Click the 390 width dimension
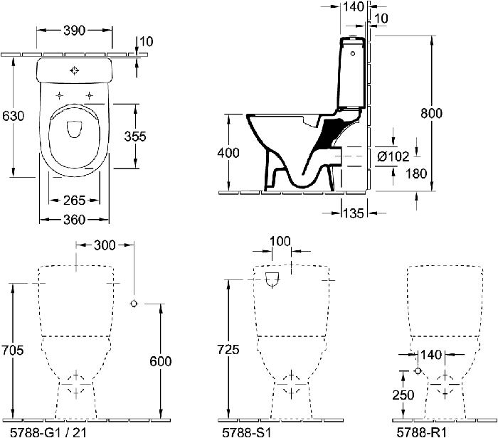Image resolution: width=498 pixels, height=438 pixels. (x=74, y=31)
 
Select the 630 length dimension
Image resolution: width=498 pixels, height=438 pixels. (x=13, y=116)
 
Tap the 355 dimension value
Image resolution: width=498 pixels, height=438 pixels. (x=135, y=137)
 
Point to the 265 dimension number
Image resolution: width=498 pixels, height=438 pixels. (x=74, y=201)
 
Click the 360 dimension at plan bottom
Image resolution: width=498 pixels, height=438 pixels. (x=74, y=220)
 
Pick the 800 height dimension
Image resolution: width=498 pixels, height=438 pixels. (x=431, y=113)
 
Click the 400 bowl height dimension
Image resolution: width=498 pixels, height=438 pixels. (x=228, y=153)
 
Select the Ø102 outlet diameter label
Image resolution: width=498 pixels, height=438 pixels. (x=393, y=156)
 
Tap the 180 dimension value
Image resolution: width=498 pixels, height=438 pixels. (x=416, y=173)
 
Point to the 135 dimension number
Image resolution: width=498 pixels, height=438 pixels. (x=354, y=213)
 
